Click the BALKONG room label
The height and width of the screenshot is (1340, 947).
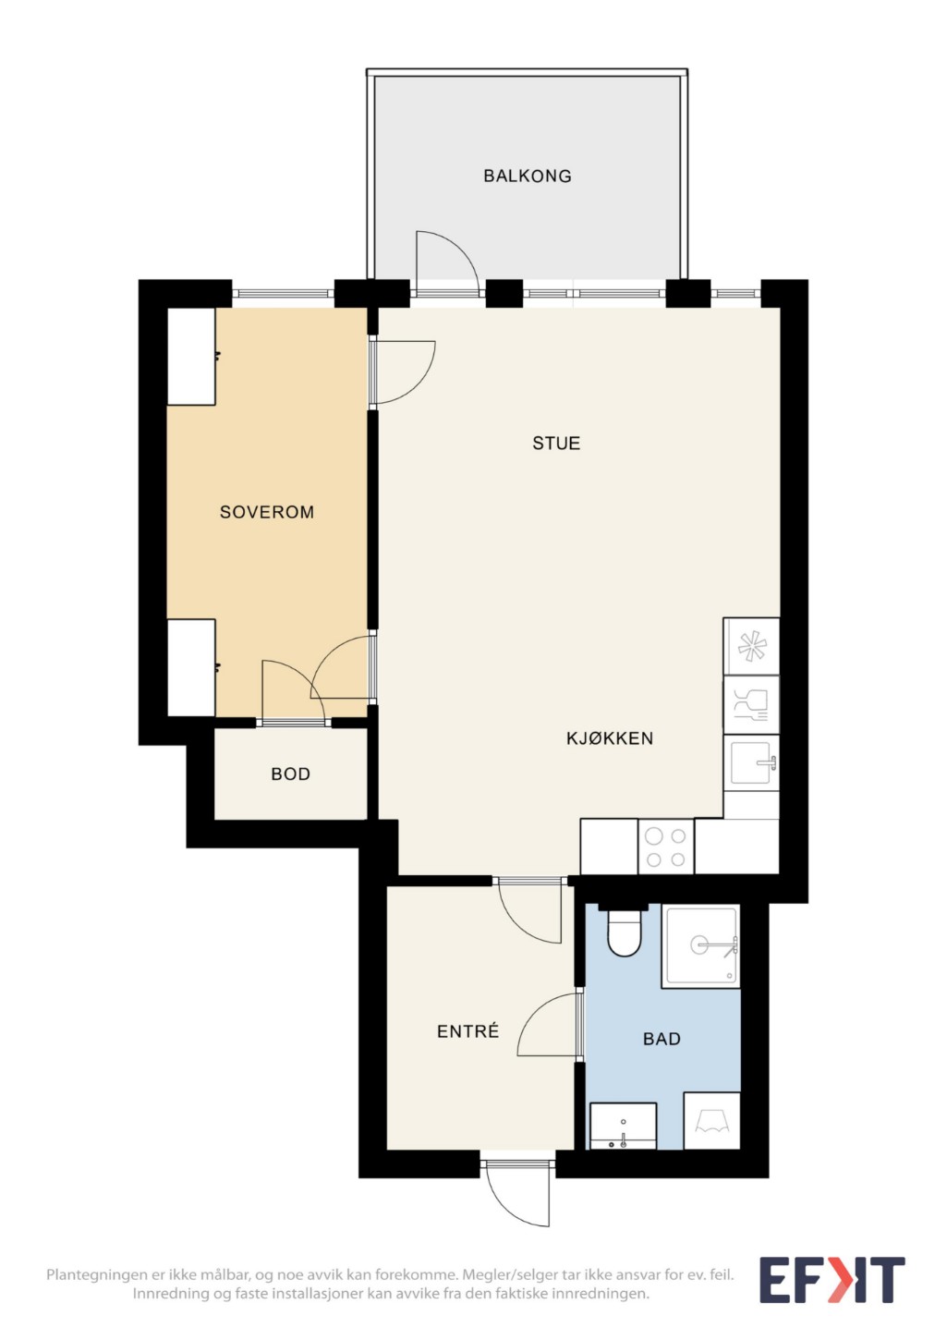(x=527, y=176)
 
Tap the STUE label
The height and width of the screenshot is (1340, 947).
(x=556, y=444)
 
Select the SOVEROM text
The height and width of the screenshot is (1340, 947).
(x=267, y=512)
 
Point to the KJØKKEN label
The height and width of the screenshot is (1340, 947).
(x=610, y=738)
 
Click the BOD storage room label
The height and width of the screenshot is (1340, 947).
(x=291, y=774)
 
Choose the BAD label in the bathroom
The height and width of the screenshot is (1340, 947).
(x=662, y=1039)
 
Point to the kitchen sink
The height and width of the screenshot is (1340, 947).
(x=751, y=762)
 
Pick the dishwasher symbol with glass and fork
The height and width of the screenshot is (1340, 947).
(x=751, y=705)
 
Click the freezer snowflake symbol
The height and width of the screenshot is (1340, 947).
(x=751, y=647)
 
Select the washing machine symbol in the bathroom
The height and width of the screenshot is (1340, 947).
(x=712, y=1120)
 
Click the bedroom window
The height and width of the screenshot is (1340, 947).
(x=283, y=294)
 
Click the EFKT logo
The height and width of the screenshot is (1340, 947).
(x=832, y=1279)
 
